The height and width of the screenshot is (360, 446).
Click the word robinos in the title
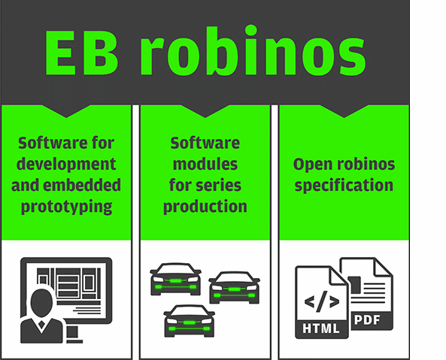pos(253,50)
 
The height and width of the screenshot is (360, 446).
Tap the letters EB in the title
pos(81,53)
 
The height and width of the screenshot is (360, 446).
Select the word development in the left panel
pos(66,165)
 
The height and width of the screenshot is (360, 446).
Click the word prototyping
pos(66,207)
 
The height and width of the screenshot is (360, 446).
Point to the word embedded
pos(82,185)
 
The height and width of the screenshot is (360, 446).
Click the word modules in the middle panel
pos(205,164)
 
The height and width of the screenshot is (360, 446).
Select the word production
pos(205,207)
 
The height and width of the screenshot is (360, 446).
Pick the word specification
pos(344,186)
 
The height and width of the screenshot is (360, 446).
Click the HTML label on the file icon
pos(321,328)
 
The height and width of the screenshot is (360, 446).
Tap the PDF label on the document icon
pos(367,320)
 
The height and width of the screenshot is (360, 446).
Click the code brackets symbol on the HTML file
pos(322,301)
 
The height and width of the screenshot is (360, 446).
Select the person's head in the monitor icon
pos(41,302)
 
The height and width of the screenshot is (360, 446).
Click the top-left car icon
pos(175,279)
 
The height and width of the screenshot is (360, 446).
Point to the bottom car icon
pos(189,321)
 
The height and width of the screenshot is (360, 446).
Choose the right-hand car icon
pos(235,288)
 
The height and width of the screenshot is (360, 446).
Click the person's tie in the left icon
pos(41,324)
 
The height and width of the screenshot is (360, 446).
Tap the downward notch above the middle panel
pos(205,111)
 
